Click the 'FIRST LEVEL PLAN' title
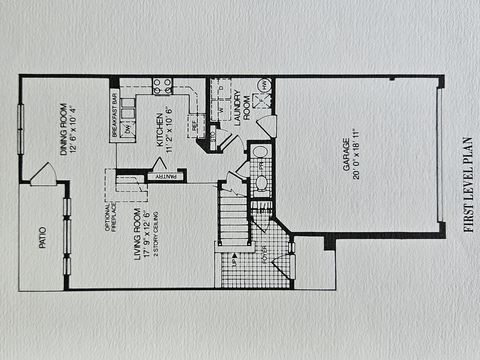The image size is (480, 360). click(x=468, y=180)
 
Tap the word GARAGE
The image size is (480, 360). click(x=347, y=155)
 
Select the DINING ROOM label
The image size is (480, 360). click(x=63, y=127)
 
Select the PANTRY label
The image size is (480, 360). click(x=167, y=177)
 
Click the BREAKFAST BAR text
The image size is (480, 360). click(x=115, y=114)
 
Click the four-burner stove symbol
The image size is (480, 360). click(x=162, y=86)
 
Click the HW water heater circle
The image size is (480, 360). click(x=264, y=86)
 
